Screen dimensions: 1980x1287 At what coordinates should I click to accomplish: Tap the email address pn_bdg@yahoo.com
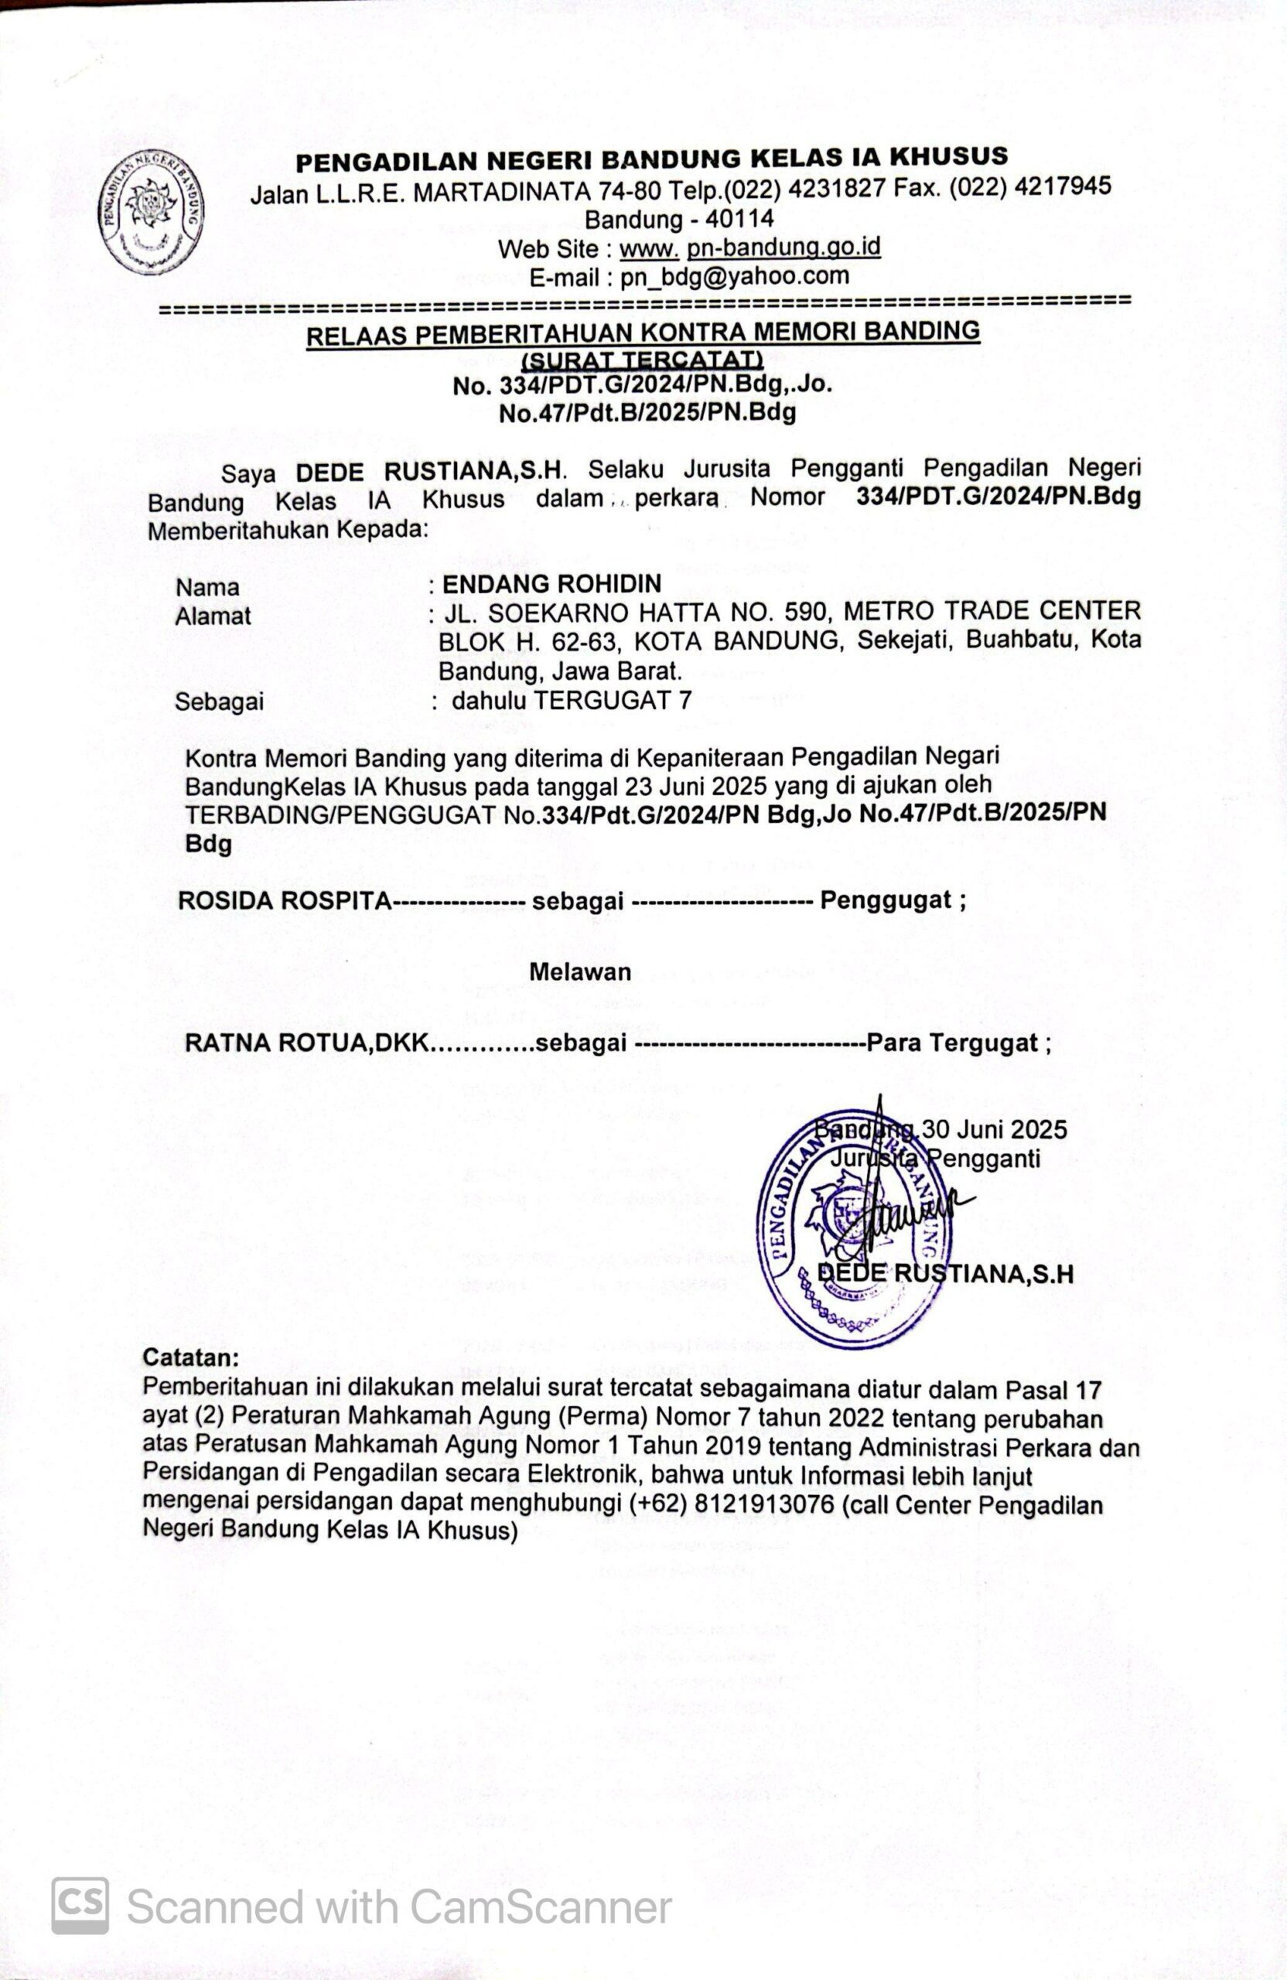coord(735,276)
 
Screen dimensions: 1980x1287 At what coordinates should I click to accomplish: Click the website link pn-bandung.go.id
coord(784,247)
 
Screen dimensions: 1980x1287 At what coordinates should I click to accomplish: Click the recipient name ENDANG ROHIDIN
coord(551,583)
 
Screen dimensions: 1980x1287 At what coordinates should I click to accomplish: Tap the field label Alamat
coord(213,616)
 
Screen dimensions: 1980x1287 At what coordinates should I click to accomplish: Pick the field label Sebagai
coord(219,702)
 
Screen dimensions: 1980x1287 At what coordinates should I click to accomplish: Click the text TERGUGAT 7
coord(612,701)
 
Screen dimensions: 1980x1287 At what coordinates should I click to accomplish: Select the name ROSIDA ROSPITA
coord(284,901)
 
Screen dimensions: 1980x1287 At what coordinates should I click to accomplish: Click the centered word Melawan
coord(580,971)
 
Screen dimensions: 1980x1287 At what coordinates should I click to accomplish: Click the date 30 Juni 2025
coord(994,1129)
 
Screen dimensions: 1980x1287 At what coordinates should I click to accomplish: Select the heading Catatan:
coord(190,1357)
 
